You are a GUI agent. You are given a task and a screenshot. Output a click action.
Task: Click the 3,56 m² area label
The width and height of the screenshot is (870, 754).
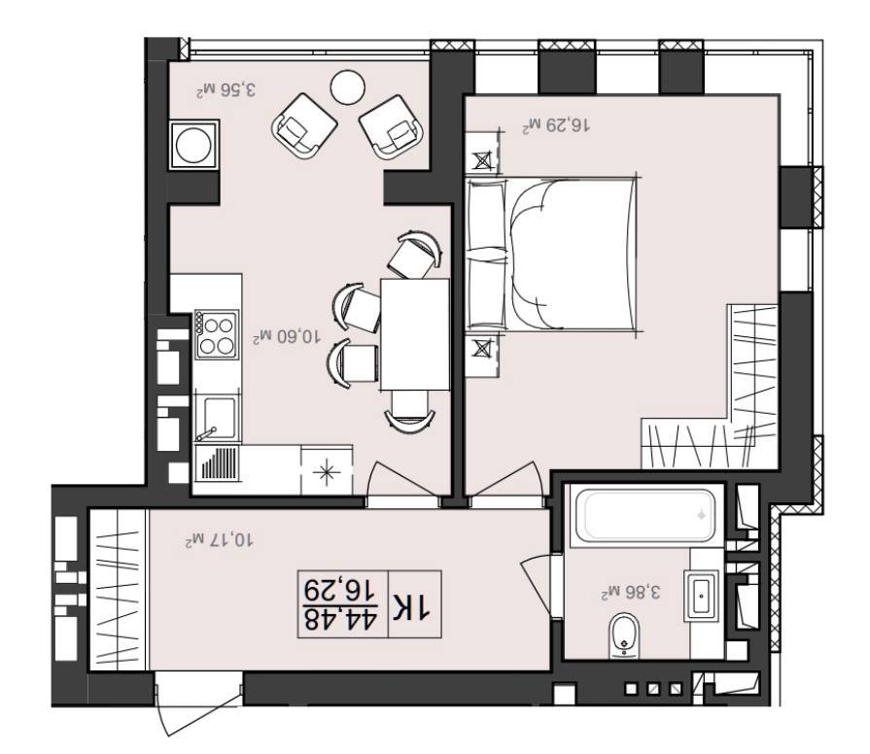point(226,89)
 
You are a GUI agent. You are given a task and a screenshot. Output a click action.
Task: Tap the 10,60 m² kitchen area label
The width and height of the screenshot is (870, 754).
point(287,336)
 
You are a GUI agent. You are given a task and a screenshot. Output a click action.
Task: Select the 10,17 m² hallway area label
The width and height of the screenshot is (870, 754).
point(219,540)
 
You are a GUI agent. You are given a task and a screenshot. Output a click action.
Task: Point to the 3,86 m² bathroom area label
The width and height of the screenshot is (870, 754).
point(631,592)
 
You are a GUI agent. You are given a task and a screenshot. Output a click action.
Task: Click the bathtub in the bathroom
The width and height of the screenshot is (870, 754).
point(645,515)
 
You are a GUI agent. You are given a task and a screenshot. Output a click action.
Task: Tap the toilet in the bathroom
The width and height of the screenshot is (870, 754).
point(624,635)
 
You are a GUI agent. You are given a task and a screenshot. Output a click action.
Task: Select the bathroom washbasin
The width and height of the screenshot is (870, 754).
point(701,595)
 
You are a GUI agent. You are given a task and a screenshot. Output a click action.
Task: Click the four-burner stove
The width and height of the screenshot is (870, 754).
point(217,335)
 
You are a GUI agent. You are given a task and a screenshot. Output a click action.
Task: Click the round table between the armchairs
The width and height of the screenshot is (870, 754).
point(347,87)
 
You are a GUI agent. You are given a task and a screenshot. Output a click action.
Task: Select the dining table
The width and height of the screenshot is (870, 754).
point(414,334)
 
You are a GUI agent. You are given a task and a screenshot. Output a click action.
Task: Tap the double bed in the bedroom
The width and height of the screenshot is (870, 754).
point(551,255)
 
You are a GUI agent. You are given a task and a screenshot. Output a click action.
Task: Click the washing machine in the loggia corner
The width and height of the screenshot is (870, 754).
point(193,145)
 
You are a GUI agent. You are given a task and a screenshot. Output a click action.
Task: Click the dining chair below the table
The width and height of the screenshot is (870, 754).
point(410,409)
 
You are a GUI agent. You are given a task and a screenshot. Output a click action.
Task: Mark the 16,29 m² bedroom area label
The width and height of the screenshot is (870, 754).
point(556,125)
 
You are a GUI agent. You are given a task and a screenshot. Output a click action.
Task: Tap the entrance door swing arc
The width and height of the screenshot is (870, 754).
point(161,707)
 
